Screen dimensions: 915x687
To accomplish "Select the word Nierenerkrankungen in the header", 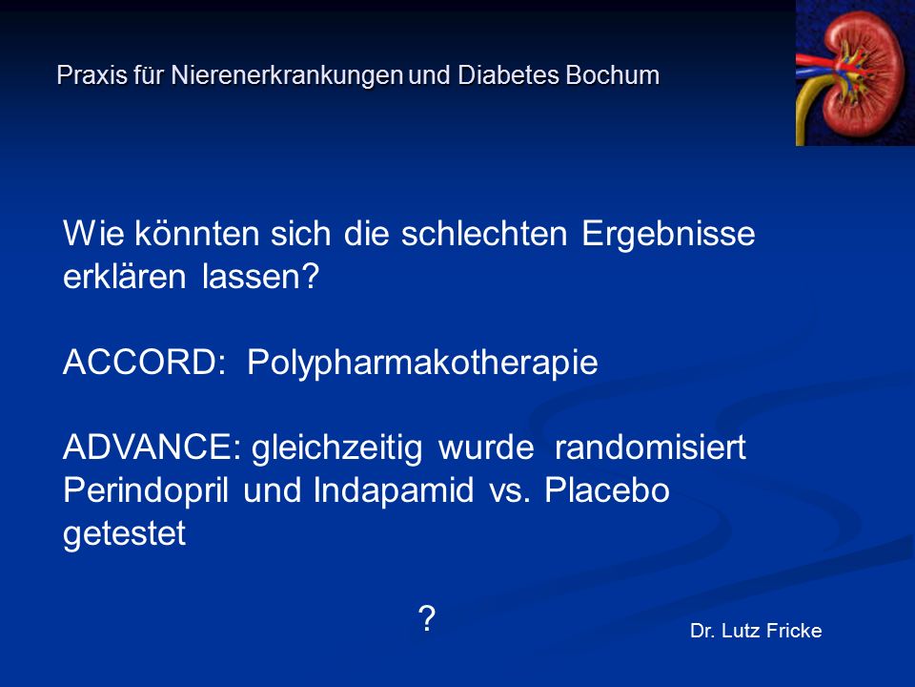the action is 287,76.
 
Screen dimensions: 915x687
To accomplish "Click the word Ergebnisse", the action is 668,235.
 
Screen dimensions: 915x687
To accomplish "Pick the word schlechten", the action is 484,233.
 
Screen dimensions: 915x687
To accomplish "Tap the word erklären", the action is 124,277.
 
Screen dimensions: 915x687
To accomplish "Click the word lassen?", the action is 260,277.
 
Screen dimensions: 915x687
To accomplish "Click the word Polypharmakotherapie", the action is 422,364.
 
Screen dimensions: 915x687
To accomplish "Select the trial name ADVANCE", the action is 152,448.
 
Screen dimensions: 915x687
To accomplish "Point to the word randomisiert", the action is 650,448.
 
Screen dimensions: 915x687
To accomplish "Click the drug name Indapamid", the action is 394,490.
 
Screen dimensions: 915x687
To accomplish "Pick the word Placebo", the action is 607,490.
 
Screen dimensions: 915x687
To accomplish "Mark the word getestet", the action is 124,534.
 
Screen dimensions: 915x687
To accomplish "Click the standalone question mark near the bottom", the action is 427,618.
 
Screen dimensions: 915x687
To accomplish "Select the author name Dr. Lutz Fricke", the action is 756,631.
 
